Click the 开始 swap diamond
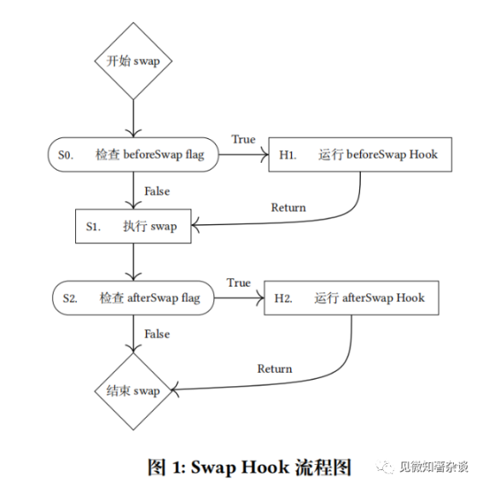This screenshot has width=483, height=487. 132,61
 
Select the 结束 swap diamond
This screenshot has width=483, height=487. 132,391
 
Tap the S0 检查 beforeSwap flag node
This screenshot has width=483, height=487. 132,155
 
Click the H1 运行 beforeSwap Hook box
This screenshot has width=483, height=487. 358,155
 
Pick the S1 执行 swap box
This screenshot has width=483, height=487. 132,226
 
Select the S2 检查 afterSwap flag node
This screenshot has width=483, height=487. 132,298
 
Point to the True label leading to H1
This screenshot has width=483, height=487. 243,139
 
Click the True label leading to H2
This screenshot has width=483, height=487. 239,282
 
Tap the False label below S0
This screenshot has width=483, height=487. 157,191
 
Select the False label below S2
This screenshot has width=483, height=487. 157,334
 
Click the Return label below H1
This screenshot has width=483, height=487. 288,207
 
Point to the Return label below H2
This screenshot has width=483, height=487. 275,368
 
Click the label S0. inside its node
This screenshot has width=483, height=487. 65,155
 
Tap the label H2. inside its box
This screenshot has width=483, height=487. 283,299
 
